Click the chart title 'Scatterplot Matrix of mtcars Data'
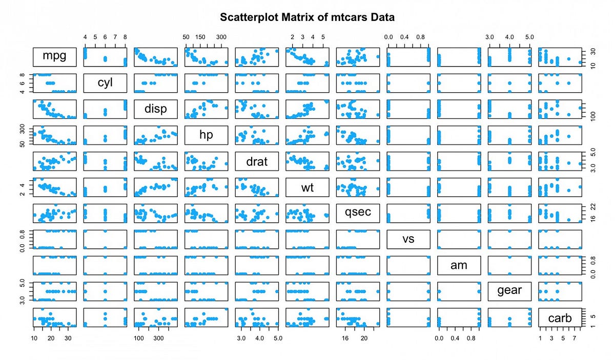(307, 17)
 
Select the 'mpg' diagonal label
(54, 56)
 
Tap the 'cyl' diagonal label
(105, 82)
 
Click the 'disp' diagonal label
(155, 109)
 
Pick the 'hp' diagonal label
(206, 135)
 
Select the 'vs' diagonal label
(408, 239)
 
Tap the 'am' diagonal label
(459, 265)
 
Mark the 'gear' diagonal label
(509, 291)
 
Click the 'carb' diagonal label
(560, 317)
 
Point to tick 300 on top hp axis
(221, 37)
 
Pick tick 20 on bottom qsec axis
(364, 338)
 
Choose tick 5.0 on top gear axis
(529, 37)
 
